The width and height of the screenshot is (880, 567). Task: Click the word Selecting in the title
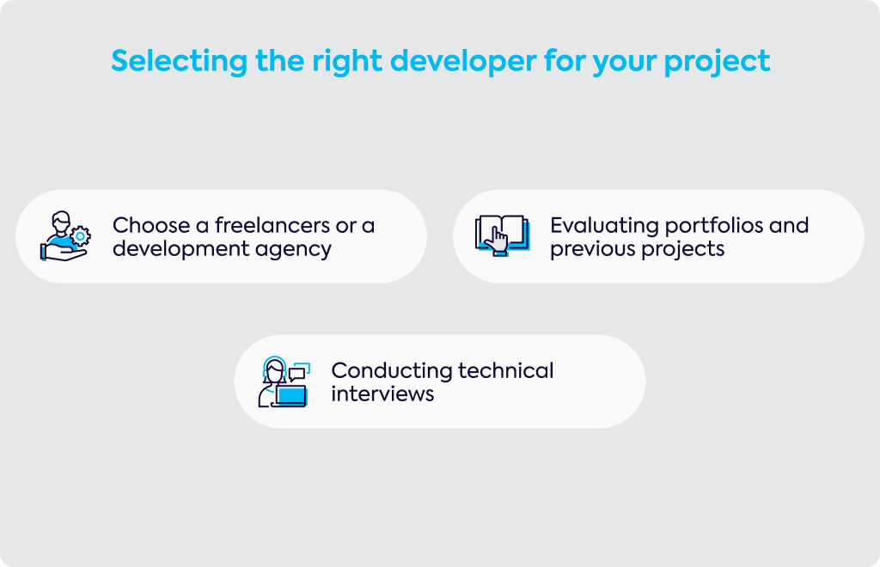coord(179,61)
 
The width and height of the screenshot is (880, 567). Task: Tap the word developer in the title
coord(463,61)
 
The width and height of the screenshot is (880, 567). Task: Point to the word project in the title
coord(718,62)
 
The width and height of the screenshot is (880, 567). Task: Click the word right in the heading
coord(347,62)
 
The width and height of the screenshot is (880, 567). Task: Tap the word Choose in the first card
coord(151,225)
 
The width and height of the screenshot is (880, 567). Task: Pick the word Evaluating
coord(604,225)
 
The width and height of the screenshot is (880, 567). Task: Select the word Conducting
coord(391,370)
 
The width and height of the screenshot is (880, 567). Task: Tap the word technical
coord(505,370)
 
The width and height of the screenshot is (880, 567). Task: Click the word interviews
coord(382,393)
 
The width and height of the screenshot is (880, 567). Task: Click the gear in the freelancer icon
coord(80,236)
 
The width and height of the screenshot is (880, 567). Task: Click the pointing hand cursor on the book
coord(496,240)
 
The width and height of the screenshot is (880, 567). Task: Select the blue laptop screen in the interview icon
coord(292,395)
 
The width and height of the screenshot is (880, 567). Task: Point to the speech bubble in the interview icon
coord(296,374)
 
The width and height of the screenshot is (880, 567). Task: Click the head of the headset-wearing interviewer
coord(275,370)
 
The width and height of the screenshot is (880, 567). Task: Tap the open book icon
coord(502,235)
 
